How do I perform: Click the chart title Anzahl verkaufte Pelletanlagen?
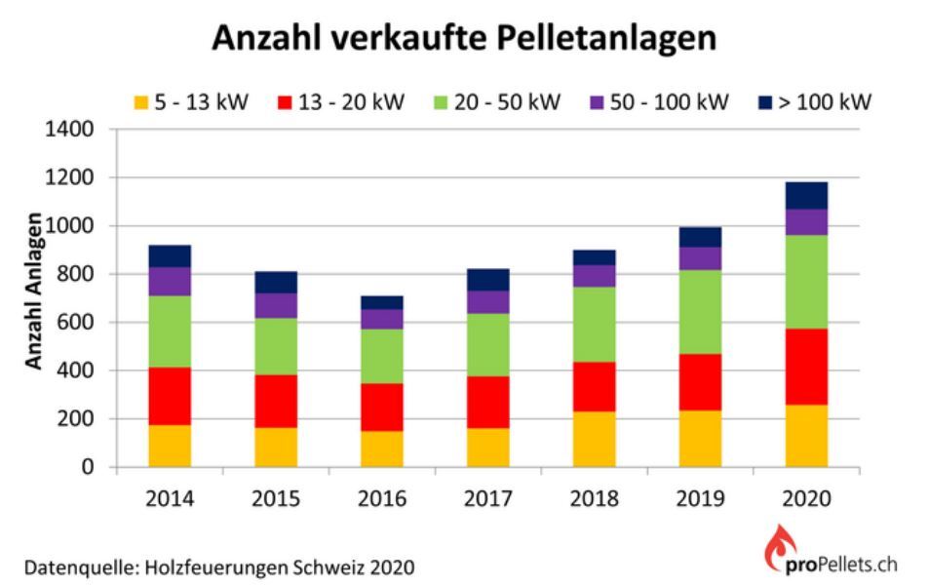point(464,38)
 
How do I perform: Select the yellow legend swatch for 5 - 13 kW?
point(140,102)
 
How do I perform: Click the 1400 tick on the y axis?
point(72,130)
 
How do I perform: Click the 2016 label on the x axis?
point(382,498)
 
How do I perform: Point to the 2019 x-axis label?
point(700,498)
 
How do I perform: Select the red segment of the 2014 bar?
point(170,396)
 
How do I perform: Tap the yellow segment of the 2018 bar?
point(594,440)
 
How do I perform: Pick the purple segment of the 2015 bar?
point(276,305)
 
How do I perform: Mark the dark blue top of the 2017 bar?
point(487,280)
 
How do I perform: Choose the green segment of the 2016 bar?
point(382,356)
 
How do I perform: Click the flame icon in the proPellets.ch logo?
point(778,550)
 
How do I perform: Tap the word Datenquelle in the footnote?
point(68,566)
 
